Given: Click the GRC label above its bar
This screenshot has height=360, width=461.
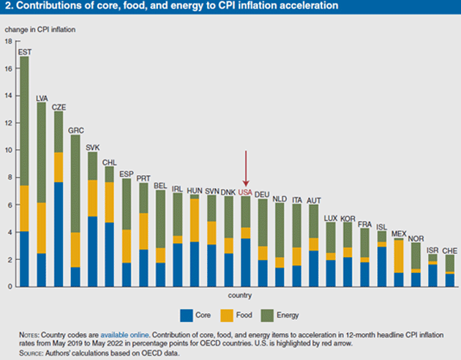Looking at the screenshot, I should pos(75,130).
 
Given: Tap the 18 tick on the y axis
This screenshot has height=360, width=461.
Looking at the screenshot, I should pos(8,42).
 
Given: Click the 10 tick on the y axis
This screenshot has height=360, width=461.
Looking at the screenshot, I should pos(8,150).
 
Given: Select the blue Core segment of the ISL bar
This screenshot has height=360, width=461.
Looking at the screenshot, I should pos(382,266).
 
